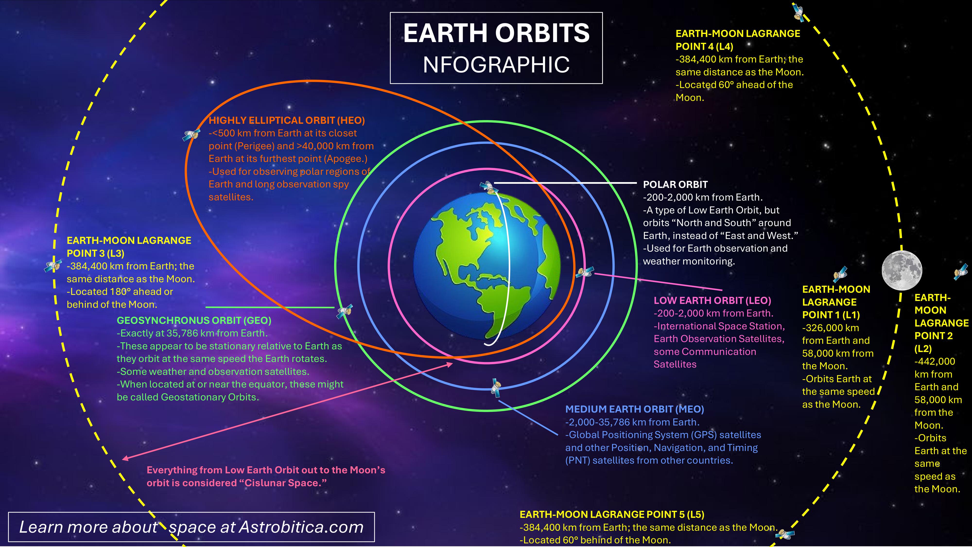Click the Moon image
[902, 270]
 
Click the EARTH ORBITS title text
[496, 33]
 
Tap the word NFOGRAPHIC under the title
[496, 65]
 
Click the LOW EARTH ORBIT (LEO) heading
[712, 300]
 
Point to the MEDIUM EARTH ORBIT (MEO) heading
[635, 409]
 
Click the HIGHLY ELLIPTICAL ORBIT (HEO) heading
[287, 120]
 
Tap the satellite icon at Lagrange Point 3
[52, 265]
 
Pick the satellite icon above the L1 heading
[840, 274]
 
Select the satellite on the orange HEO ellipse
[192, 134]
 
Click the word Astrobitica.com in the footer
[301, 527]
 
